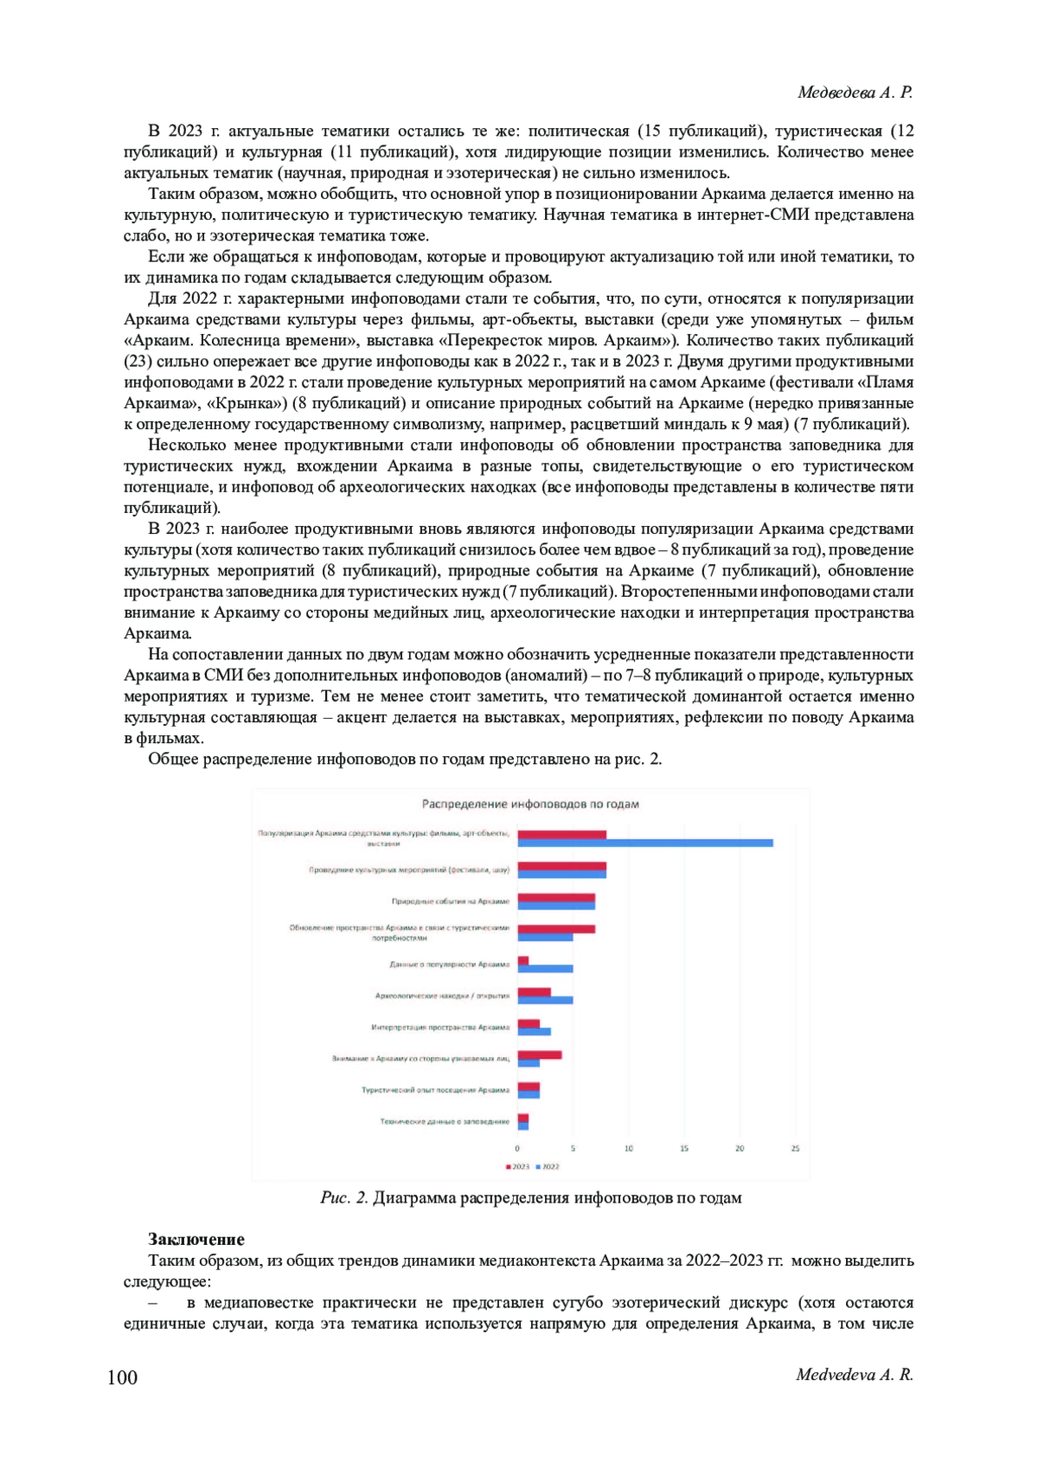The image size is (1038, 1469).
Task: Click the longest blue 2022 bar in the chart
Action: click(x=645, y=843)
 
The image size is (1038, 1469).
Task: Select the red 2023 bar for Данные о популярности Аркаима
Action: click(x=523, y=960)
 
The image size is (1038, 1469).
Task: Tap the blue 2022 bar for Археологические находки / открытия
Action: click(x=545, y=1000)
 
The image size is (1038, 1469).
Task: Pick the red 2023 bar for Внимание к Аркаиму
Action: click(x=540, y=1055)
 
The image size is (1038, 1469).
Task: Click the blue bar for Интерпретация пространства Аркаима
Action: click(x=534, y=1031)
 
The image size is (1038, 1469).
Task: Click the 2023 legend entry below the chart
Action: click(x=517, y=1166)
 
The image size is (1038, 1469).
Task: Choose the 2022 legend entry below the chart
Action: click(x=548, y=1166)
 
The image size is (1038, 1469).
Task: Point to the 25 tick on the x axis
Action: click(x=795, y=1149)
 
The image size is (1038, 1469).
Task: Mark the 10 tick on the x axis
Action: click(x=628, y=1149)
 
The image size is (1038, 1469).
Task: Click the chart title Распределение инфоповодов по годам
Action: click(x=530, y=804)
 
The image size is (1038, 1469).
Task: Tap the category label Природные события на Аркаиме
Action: click(x=450, y=901)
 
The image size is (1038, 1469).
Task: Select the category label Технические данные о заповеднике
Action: click(x=445, y=1121)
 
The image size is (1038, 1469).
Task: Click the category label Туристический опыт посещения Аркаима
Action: click(x=435, y=1090)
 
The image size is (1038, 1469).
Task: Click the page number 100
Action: click(x=122, y=1377)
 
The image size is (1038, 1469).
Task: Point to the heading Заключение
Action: click(x=195, y=1239)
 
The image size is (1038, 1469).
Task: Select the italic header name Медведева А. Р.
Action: click(x=855, y=93)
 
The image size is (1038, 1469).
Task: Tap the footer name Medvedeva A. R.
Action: click(x=855, y=1375)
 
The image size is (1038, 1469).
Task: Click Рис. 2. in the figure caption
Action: click(x=344, y=1198)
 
